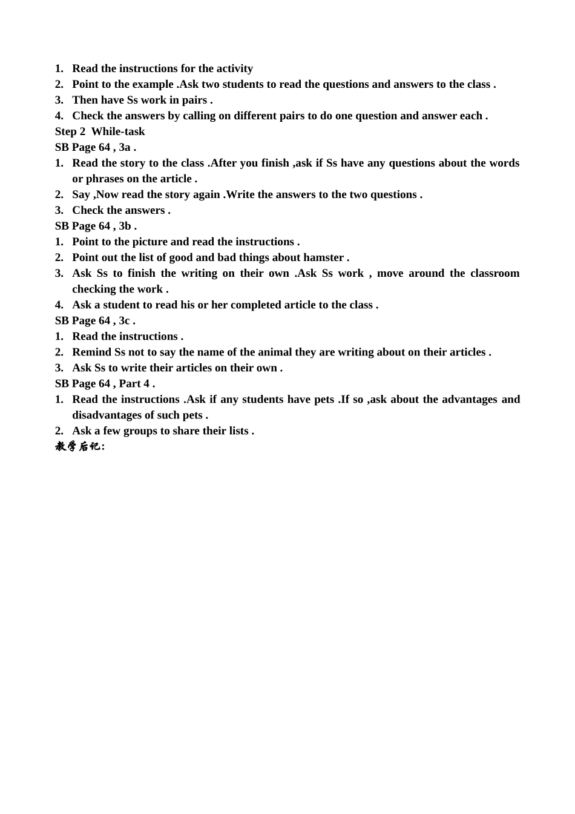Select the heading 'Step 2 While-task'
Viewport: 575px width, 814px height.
tap(100, 131)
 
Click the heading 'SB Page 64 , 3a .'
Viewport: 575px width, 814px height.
tap(96, 147)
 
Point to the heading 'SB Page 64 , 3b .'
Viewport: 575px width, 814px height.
tap(96, 226)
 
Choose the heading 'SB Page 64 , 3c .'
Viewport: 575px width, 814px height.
tap(95, 320)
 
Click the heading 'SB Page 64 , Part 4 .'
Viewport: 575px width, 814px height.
tap(105, 383)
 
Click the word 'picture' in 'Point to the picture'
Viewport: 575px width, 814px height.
tap(149, 242)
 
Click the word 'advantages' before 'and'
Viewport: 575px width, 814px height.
tap(469, 399)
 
